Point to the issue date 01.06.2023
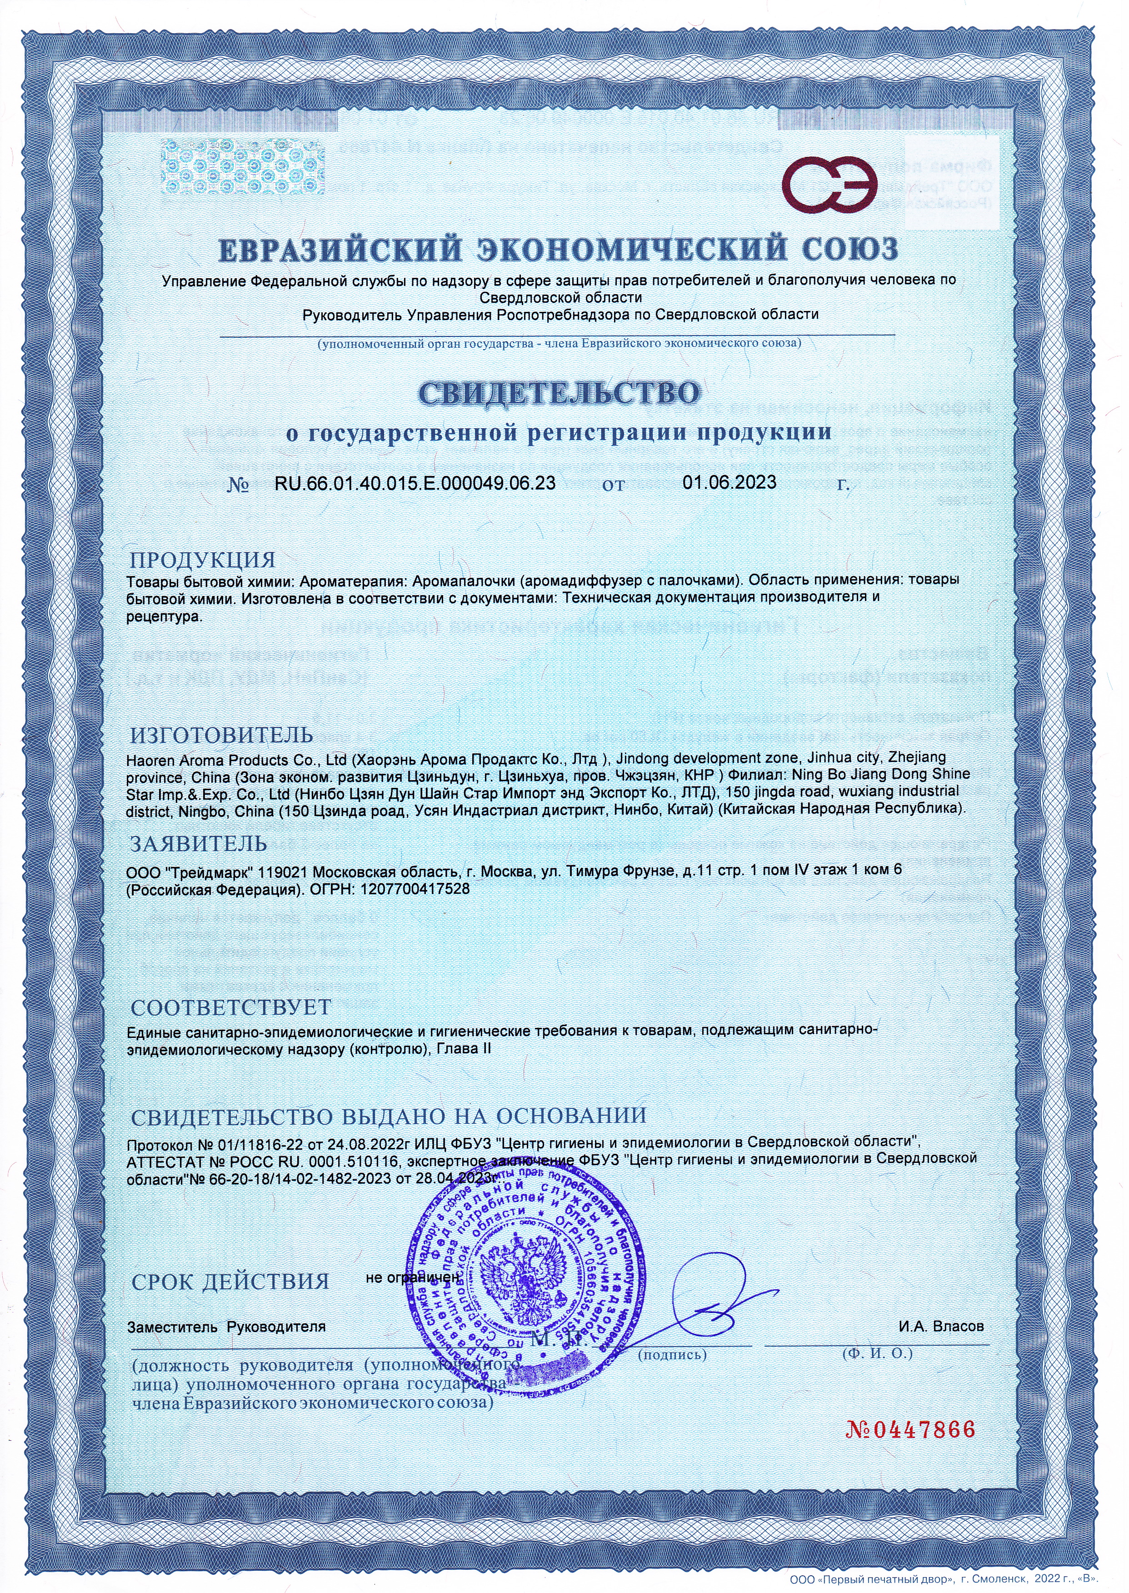pyautogui.click(x=729, y=482)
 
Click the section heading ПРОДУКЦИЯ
pyautogui.click(x=203, y=559)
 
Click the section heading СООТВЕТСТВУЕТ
pyautogui.click(x=231, y=1007)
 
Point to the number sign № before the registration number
pyautogui.click(x=239, y=486)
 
